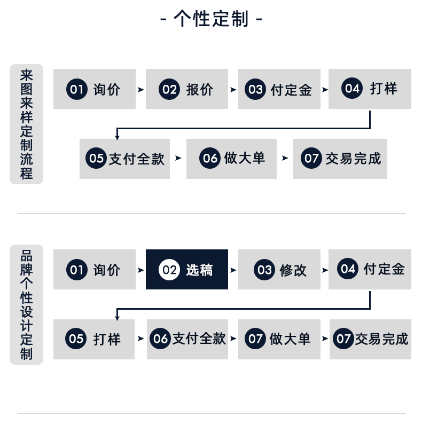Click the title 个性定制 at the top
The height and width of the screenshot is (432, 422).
(211, 19)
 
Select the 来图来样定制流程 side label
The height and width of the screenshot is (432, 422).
(27, 124)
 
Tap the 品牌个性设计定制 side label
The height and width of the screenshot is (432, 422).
(27, 304)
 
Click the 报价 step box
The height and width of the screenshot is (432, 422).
(187, 89)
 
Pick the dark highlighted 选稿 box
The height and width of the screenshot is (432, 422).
(187, 270)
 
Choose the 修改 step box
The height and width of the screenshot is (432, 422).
(279, 270)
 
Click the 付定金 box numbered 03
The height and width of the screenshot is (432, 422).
(279, 89)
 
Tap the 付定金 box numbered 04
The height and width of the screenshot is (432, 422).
(370, 270)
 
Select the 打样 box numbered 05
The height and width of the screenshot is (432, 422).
(94, 339)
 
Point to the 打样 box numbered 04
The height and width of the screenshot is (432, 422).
(370, 89)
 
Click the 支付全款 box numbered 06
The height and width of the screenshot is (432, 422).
(187, 339)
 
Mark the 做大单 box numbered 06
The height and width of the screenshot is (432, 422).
(231, 159)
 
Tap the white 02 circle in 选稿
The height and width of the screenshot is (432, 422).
(169, 270)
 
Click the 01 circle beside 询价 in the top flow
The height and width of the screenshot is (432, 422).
(76, 89)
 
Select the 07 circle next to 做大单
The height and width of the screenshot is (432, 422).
(255, 339)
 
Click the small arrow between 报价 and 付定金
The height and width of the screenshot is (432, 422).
(233, 90)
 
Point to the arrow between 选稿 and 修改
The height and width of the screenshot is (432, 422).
(233, 270)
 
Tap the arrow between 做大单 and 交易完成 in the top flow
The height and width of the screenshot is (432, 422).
(285, 158)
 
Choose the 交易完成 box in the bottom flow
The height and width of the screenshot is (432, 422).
(371, 339)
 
